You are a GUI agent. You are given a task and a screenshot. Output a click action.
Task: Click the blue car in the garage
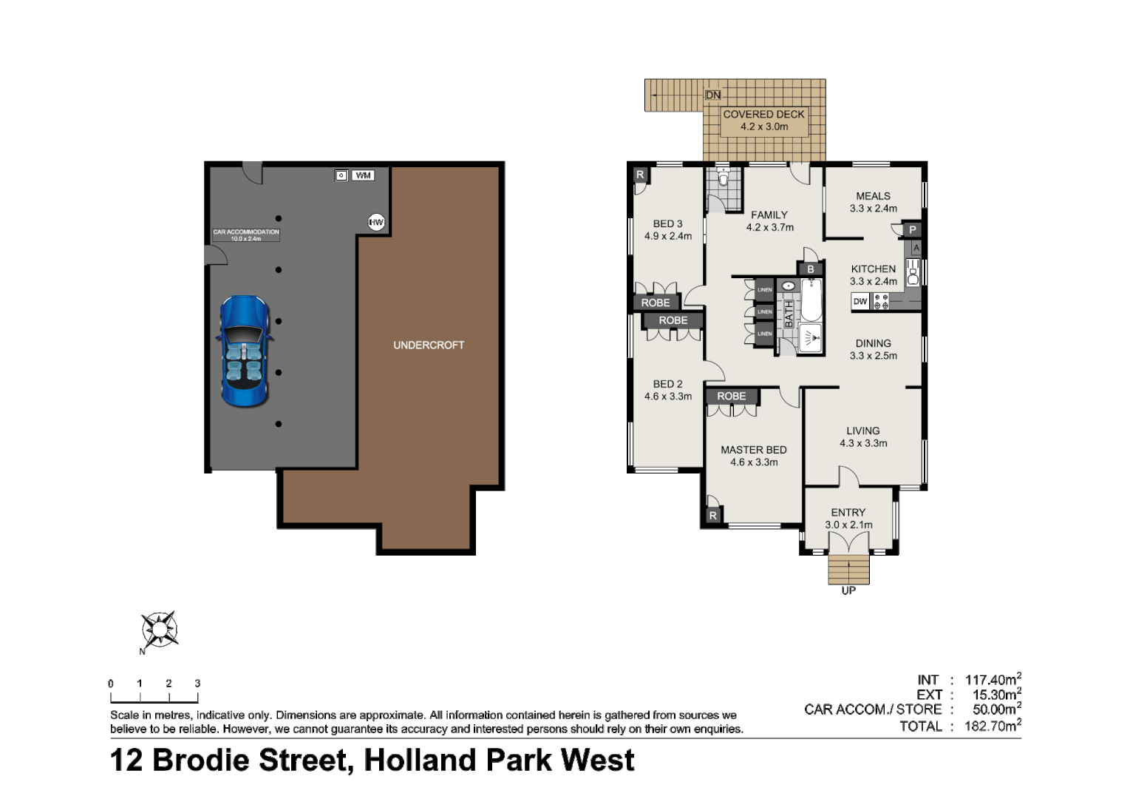243,351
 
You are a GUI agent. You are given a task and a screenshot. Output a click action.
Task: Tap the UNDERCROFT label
429,345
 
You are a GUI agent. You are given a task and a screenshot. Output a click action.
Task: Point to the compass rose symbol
160,630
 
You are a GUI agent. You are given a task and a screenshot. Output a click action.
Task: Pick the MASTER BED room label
753,450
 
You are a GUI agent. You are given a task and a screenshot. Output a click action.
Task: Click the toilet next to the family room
724,178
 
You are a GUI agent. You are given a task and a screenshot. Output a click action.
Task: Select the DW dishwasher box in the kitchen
860,302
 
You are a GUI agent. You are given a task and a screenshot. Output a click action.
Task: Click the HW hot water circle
376,222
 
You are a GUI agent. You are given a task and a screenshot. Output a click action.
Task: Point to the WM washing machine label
362,175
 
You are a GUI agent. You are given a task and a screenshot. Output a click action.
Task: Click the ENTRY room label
848,512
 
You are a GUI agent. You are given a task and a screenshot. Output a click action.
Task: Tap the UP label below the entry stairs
848,591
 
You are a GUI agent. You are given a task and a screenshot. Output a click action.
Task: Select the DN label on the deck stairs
712,95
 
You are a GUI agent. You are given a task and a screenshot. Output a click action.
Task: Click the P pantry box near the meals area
913,230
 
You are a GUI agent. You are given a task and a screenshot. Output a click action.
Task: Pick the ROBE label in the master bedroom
731,397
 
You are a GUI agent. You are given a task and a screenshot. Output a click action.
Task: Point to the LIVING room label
862,431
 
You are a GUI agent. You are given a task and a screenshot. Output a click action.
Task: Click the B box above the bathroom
811,269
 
